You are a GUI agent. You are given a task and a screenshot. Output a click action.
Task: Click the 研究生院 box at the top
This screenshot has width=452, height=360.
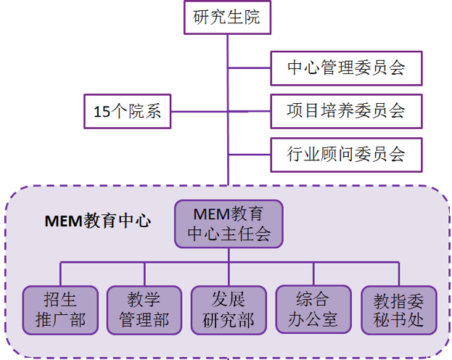(x=227, y=17)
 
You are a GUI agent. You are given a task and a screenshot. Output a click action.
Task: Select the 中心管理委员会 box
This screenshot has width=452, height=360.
(x=345, y=68)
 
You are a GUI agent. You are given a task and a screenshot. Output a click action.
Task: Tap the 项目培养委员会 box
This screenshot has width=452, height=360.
(x=345, y=111)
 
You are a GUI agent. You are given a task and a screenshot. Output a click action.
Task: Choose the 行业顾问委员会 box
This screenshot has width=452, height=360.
(x=345, y=154)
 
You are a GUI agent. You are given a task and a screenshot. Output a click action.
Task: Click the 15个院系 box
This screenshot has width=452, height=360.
(x=128, y=112)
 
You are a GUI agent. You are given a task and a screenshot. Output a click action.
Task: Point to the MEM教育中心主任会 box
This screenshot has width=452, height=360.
(x=229, y=224)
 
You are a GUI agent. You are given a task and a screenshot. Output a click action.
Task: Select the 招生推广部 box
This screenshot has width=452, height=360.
(x=60, y=310)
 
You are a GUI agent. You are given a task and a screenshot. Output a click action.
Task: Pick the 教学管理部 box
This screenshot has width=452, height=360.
(x=144, y=310)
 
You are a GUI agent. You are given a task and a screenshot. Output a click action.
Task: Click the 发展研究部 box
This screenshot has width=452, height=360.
(x=229, y=310)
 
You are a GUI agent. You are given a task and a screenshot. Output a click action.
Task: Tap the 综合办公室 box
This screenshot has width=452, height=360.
(x=313, y=310)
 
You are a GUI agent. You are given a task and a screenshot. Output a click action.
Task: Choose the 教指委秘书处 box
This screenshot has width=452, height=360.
(x=398, y=310)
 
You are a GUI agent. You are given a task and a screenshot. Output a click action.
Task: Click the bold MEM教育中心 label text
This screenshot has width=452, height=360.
(x=99, y=220)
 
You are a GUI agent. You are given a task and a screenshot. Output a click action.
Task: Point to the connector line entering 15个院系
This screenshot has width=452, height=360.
(x=200, y=112)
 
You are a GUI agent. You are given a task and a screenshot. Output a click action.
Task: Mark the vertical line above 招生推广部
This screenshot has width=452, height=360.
(x=60, y=274)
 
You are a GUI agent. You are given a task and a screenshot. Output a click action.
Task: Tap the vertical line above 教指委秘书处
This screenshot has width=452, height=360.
(x=398, y=274)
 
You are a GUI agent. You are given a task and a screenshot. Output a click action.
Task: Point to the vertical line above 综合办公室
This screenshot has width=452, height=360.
(x=313, y=274)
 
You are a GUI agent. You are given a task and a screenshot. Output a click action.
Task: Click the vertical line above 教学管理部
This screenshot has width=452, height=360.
(x=144, y=274)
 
